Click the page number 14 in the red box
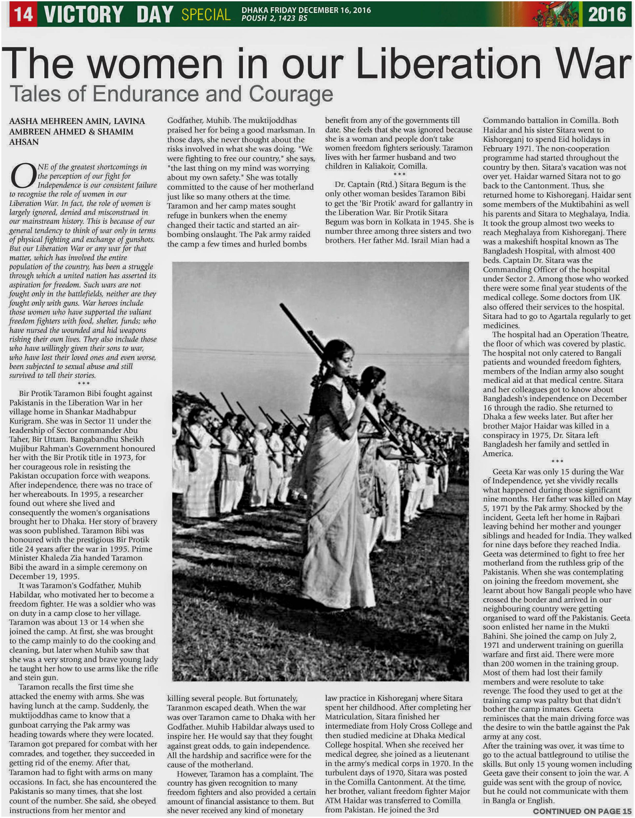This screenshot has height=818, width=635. pos(23,14)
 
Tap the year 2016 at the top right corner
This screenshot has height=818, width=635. pos(607,14)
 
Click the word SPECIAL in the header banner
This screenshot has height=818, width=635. pos(206,14)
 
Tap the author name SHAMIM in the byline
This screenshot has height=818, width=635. pos(116,132)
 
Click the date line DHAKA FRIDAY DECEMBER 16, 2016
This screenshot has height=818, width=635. pos(306,10)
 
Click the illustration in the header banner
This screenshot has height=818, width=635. pos(558,14)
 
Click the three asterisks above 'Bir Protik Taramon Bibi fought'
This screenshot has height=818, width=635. pos(83,384)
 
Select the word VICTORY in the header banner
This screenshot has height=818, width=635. pos(83,14)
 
